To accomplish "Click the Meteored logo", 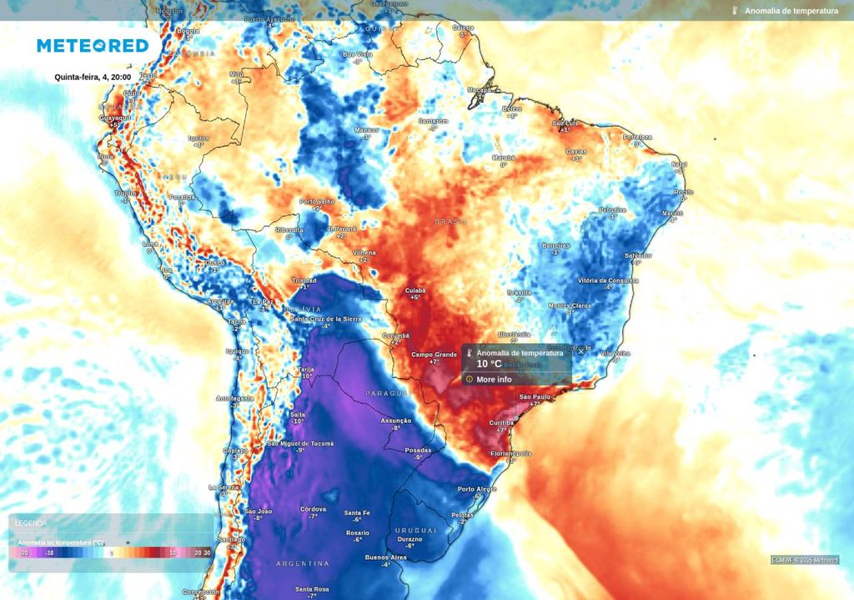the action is click(x=93, y=46).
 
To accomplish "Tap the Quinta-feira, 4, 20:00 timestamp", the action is click(x=93, y=77).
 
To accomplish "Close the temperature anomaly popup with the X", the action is click(x=581, y=351).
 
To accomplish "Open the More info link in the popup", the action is click(x=494, y=379).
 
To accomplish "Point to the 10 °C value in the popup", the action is click(x=490, y=364).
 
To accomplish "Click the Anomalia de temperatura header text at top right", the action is click(x=791, y=11).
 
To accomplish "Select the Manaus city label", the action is click(x=366, y=129).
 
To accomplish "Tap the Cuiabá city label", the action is click(x=415, y=290).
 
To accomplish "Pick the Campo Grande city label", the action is click(x=434, y=355).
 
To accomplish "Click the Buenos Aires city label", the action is click(x=385, y=557).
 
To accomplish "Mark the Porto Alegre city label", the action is click(x=477, y=489).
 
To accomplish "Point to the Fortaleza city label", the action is click(x=637, y=137).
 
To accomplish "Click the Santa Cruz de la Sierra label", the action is click(x=326, y=319).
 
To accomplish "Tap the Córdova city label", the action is click(x=313, y=508).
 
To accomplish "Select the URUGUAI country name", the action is click(x=415, y=530).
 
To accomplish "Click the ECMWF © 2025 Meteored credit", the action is click(x=804, y=560).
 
